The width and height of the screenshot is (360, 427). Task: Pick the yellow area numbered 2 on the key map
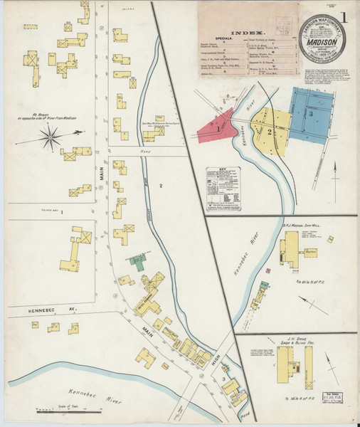(x=270, y=131)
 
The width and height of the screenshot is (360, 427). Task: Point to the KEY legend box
(x=223, y=189)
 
